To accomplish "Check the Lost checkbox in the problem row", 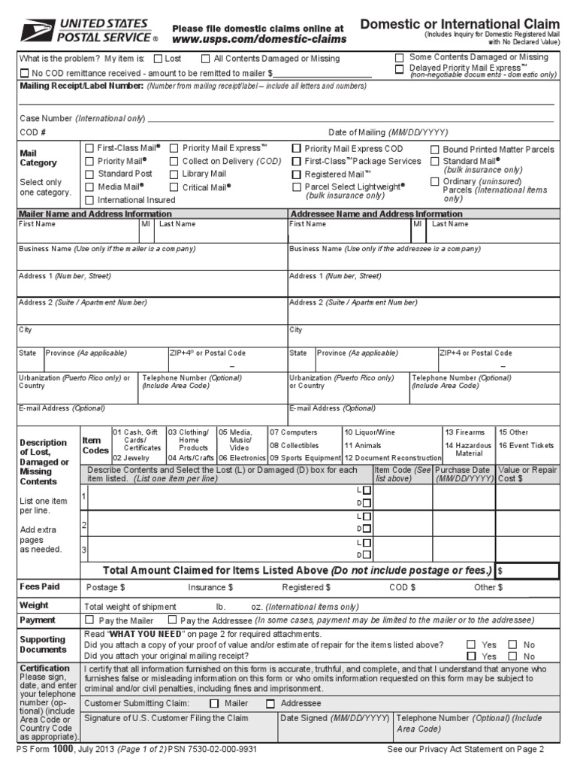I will click(158, 59).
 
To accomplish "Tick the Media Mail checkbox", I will click(90, 186).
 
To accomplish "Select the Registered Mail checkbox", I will click(296, 174).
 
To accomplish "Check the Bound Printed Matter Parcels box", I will click(435, 150).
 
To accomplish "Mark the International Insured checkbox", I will click(90, 200).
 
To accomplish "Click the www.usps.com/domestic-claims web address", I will click(259, 39).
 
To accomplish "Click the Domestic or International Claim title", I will click(460, 24).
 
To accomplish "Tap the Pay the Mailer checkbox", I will click(90, 620).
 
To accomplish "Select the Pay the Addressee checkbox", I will click(172, 620).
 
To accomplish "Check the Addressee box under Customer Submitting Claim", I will click(270, 704).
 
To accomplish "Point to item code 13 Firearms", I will click(465, 433).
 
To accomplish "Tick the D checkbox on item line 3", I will click(366, 555).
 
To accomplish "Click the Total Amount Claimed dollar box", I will click(526, 571).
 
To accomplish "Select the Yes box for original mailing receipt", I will click(471, 656).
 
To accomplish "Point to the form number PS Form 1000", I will click(45, 750).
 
